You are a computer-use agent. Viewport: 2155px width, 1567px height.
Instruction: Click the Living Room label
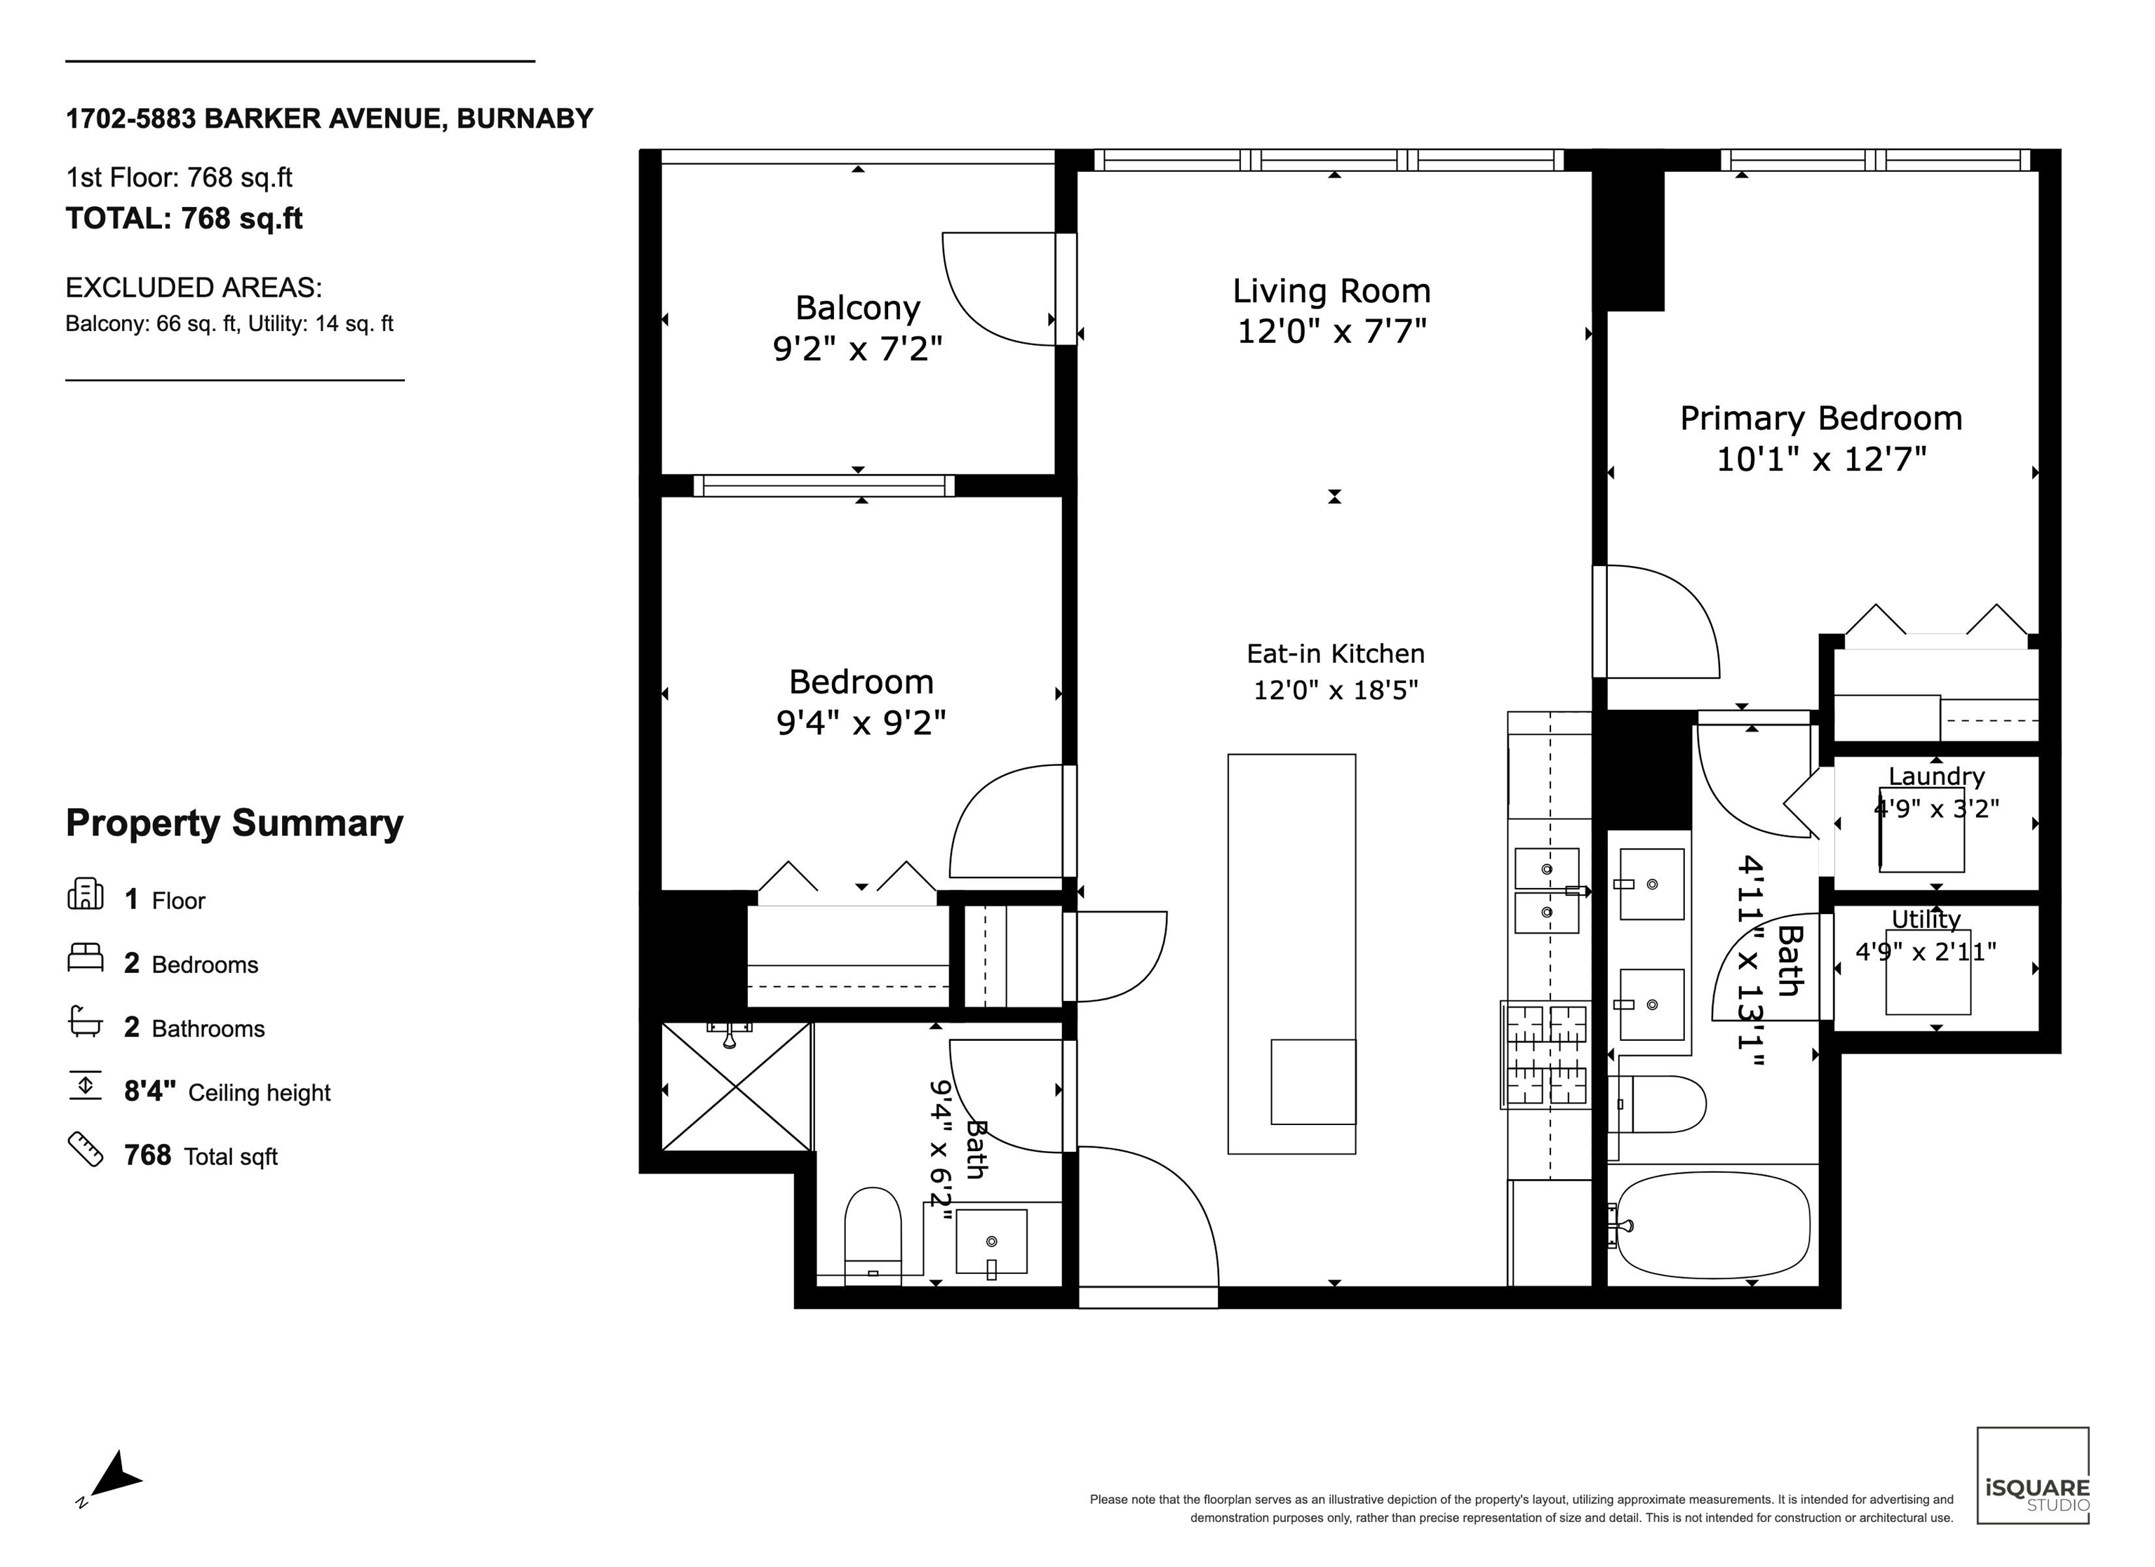(x=1331, y=291)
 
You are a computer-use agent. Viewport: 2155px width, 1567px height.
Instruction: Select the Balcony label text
(x=858, y=309)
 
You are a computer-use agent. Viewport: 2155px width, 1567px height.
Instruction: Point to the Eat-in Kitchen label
(x=1336, y=654)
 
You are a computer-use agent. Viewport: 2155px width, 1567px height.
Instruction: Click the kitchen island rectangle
(x=1291, y=954)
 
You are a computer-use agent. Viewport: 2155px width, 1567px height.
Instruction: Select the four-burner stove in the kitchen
(x=1546, y=1055)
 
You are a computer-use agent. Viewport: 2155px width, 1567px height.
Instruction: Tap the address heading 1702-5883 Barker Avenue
(x=329, y=119)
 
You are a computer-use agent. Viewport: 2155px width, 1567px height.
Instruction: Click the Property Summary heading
(x=235, y=823)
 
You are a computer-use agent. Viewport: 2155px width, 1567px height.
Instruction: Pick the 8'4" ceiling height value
(x=150, y=1091)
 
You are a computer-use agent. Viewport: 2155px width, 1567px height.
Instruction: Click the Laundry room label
(x=1936, y=776)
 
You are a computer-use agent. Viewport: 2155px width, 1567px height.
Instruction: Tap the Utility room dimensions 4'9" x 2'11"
(x=1926, y=951)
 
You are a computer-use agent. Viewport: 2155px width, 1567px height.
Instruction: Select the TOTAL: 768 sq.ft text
(x=184, y=219)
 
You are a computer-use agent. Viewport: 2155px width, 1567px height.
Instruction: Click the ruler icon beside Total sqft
(x=86, y=1149)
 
